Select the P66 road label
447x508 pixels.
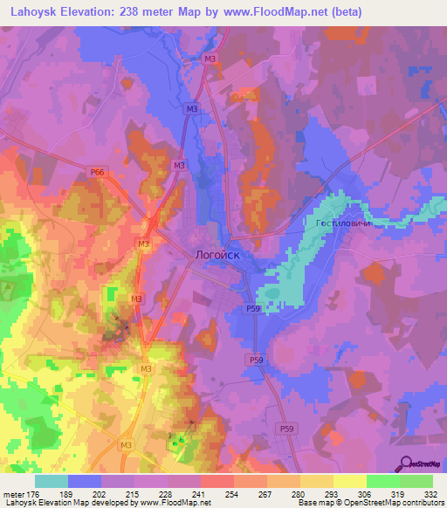pyautogui.click(x=96, y=174)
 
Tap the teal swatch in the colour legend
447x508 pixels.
pyautogui.click(x=52, y=481)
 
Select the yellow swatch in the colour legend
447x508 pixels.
pyautogui.click(x=349, y=481)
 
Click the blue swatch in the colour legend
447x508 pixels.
pyautogui.click(x=85, y=481)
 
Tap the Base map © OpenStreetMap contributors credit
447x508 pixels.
pyautogui.click(x=369, y=503)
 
